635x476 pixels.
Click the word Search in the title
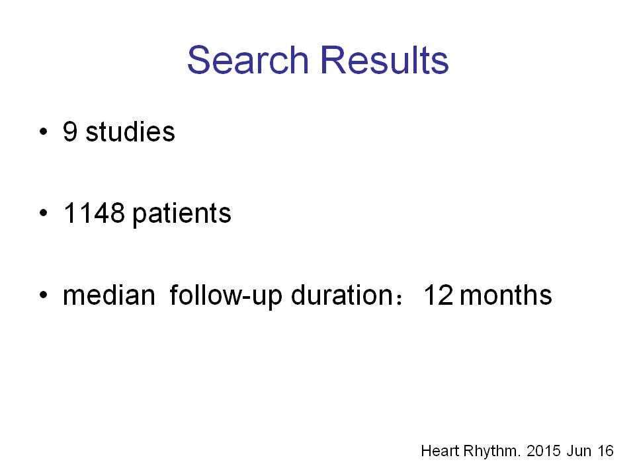[x=248, y=60]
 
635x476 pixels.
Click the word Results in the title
[x=384, y=60]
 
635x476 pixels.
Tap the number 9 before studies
[x=70, y=132]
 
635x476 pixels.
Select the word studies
[x=130, y=132]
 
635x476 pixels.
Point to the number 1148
[x=94, y=213]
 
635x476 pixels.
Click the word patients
[x=182, y=214]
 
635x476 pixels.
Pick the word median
[x=109, y=295]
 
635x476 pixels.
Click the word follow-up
[x=226, y=296]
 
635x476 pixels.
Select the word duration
[x=342, y=295]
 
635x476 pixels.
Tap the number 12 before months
[x=438, y=295]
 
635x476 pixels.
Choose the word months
[x=505, y=295]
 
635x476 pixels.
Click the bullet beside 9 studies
[x=44, y=132]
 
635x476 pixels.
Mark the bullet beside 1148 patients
[x=44, y=213]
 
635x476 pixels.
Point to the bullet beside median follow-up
[x=44, y=295]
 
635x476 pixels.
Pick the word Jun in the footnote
[x=579, y=451]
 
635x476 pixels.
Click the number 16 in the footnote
[x=605, y=451]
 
